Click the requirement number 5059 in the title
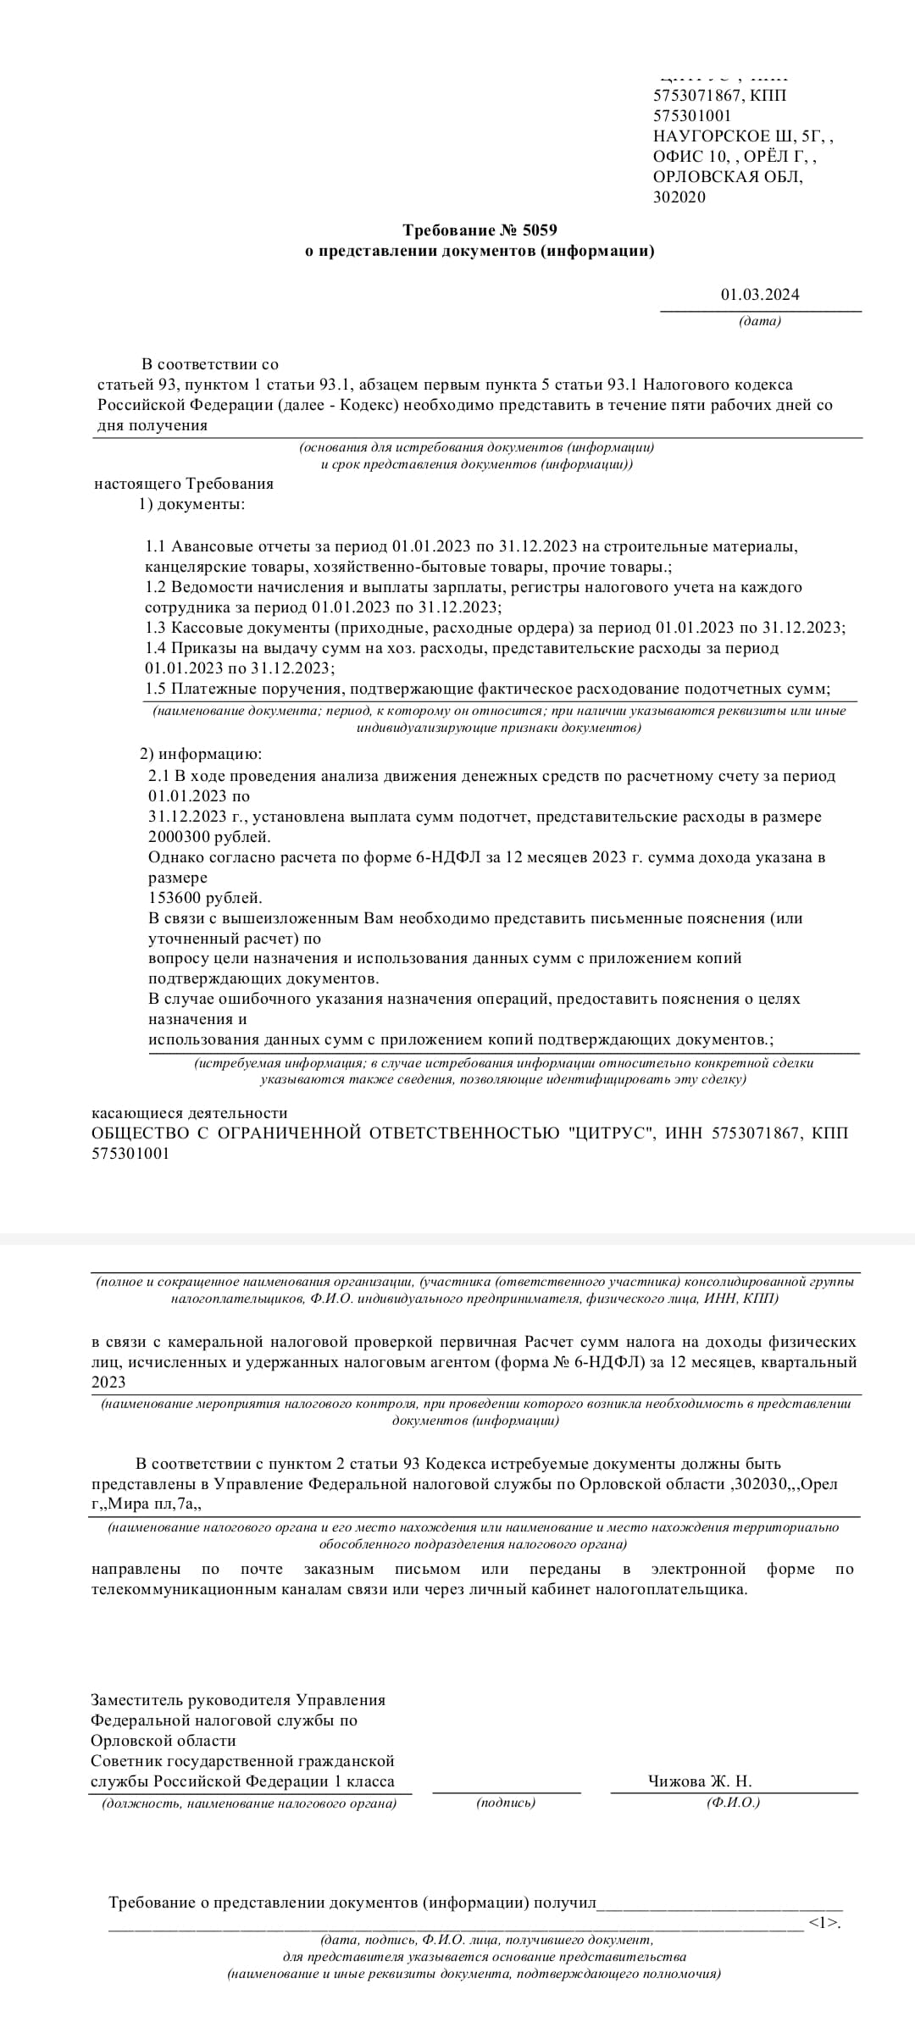[541, 230]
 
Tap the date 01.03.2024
[760, 295]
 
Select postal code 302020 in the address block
[679, 197]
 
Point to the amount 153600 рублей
[205, 897]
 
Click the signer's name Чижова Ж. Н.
[700, 1781]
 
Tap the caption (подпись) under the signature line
[506, 1803]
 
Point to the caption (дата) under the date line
[760, 321]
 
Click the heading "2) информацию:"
[201, 754]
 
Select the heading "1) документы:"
[191, 504]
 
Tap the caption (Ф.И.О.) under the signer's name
[734, 1803]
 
